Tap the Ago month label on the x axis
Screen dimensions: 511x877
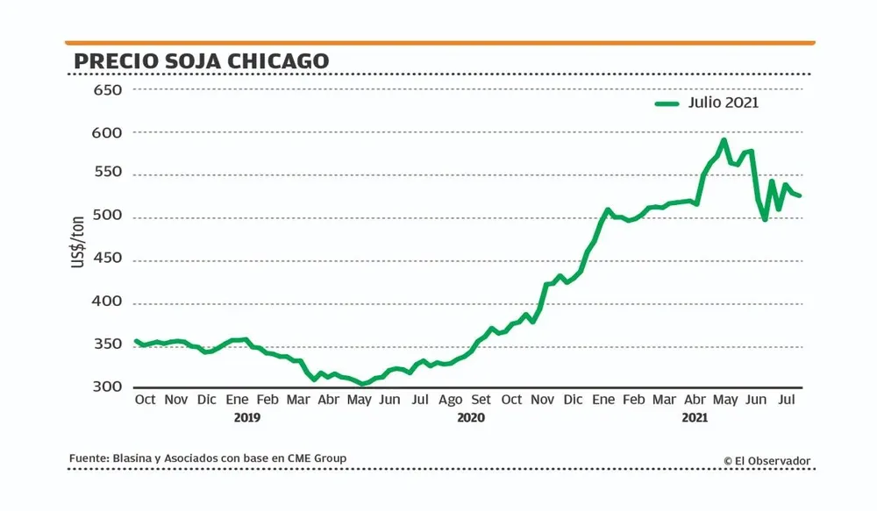[x=450, y=400]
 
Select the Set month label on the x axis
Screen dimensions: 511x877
[x=481, y=400]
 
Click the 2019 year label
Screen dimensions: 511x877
[x=247, y=418]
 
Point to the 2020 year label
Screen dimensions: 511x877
[x=471, y=418]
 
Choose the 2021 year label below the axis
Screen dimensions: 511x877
[x=695, y=418]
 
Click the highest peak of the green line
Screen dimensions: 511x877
[x=724, y=139]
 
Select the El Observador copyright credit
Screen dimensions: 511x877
[x=767, y=460]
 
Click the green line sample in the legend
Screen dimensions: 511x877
[x=667, y=103]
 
